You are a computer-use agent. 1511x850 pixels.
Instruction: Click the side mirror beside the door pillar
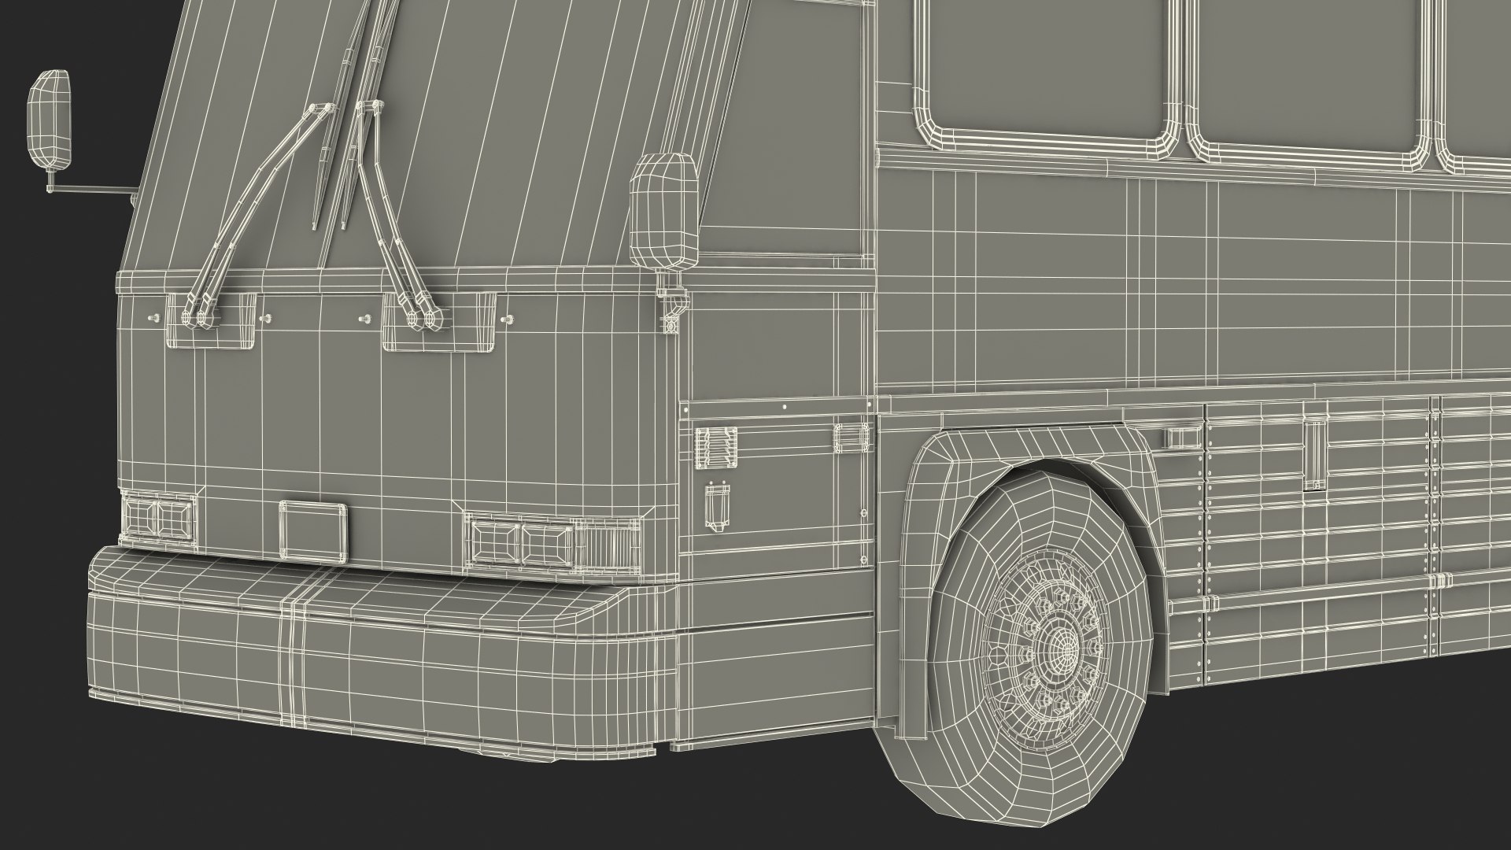[x=665, y=210]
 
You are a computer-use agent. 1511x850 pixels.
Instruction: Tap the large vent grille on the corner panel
[x=716, y=449]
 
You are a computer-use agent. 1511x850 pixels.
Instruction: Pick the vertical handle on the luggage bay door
[x=1313, y=456]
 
